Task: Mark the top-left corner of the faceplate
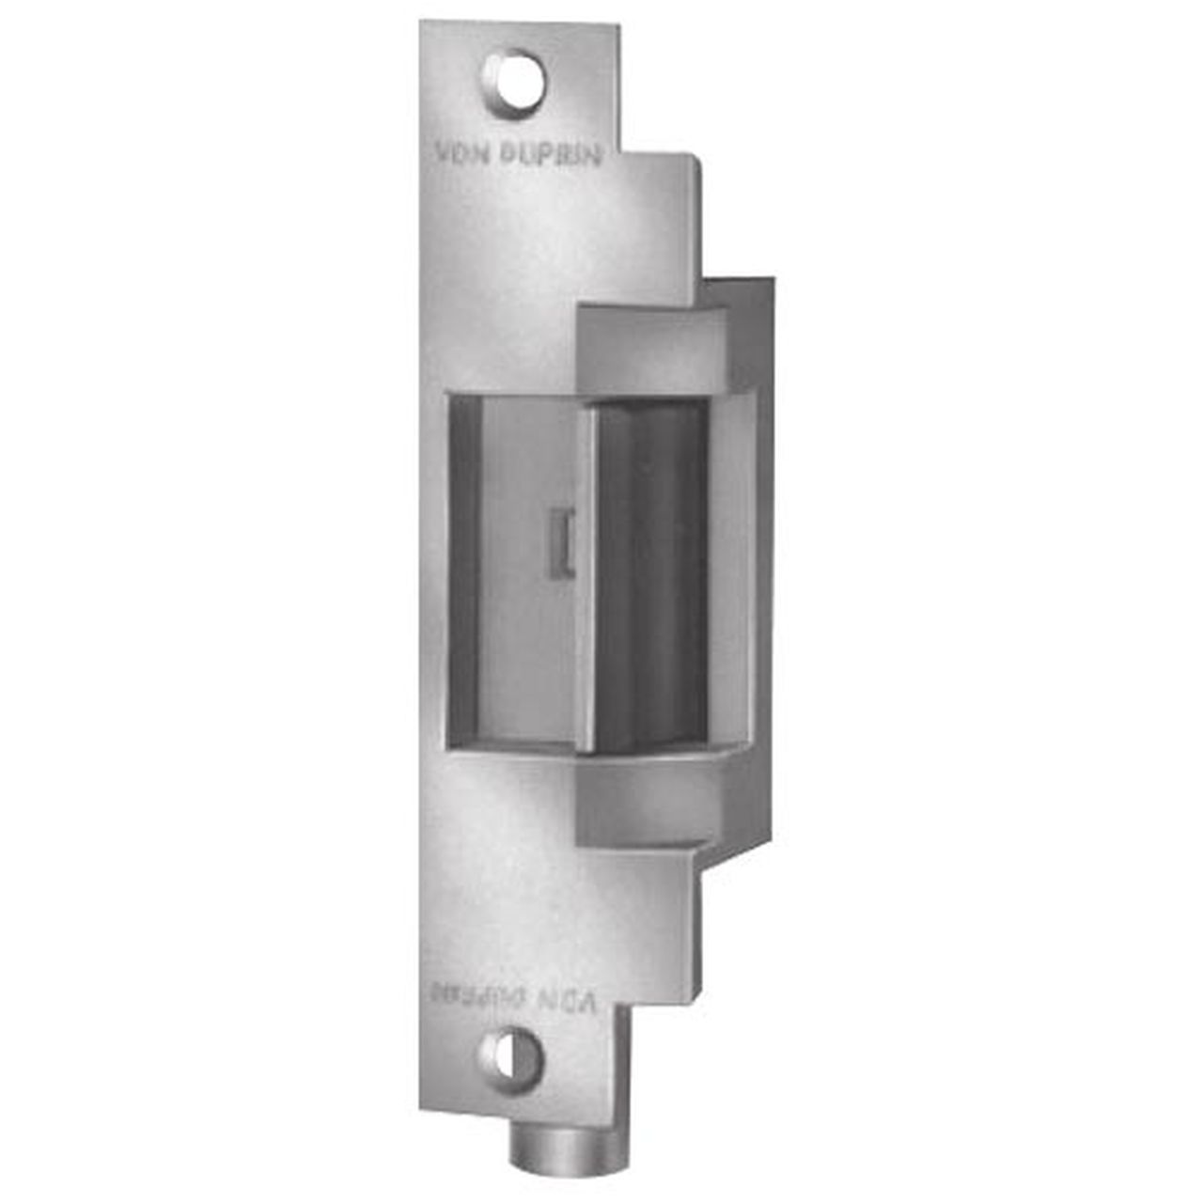[422, 23]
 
